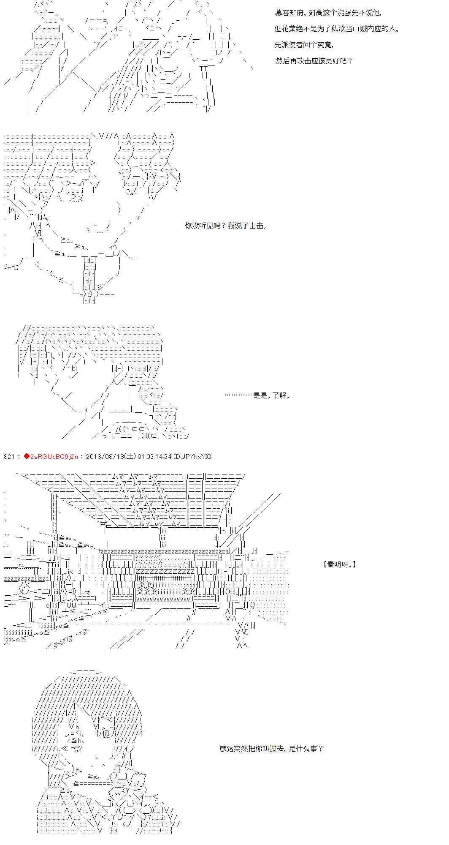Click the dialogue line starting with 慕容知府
333,13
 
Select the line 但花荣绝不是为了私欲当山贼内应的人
337,29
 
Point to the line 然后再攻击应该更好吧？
314,60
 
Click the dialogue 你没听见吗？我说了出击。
226,226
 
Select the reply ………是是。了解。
257,396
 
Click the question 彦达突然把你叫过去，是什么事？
271,749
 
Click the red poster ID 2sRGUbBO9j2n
54,456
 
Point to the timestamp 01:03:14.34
154,456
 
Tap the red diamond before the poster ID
27,456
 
